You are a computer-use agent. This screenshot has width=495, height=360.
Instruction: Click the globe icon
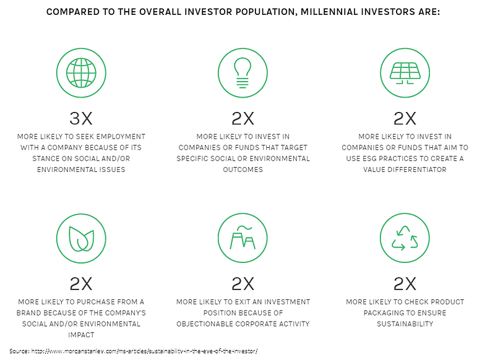pos(81,72)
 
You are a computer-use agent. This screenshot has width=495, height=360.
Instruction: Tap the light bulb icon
pos(243,72)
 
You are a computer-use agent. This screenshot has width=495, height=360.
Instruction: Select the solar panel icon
pos(405,72)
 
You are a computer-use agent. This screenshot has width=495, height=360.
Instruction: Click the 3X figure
pos(81,118)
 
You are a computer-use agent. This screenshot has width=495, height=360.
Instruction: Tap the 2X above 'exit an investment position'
pos(243,284)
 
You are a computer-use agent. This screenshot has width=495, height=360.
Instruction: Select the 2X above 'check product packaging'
pos(405,284)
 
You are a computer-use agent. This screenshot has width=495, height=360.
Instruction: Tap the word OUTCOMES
pos(243,169)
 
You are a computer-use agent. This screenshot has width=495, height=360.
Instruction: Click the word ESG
pos(377,158)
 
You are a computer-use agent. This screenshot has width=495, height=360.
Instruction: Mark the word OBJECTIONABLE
pos(206,324)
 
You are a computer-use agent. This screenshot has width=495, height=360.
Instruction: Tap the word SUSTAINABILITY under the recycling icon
pos(405,324)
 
